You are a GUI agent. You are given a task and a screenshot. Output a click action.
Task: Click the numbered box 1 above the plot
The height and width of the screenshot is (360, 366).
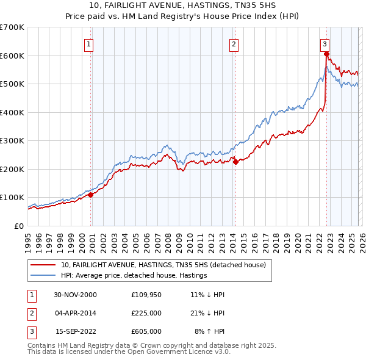(x=89, y=44)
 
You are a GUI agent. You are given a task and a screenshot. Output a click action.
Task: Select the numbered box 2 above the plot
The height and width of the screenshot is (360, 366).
(x=234, y=44)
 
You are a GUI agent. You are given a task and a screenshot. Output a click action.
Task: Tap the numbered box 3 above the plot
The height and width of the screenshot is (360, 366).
(x=325, y=44)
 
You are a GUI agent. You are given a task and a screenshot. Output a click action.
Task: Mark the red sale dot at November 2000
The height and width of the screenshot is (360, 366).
(x=91, y=195)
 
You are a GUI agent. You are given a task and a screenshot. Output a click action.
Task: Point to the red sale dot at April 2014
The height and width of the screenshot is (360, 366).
(x=235, y=162)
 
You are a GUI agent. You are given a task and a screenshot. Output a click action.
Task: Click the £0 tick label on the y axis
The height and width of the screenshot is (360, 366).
(x=20, y=226)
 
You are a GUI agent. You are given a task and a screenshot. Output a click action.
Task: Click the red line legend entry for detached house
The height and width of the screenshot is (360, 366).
(x=163, y=265)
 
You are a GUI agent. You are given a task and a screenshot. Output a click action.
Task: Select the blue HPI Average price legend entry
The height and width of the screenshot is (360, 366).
(x=134, y=276)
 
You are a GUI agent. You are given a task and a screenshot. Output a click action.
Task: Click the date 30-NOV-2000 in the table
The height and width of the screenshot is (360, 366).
(x=76, y=295)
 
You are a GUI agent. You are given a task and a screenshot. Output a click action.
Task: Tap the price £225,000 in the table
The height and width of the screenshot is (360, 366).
(x=146, y=313)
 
